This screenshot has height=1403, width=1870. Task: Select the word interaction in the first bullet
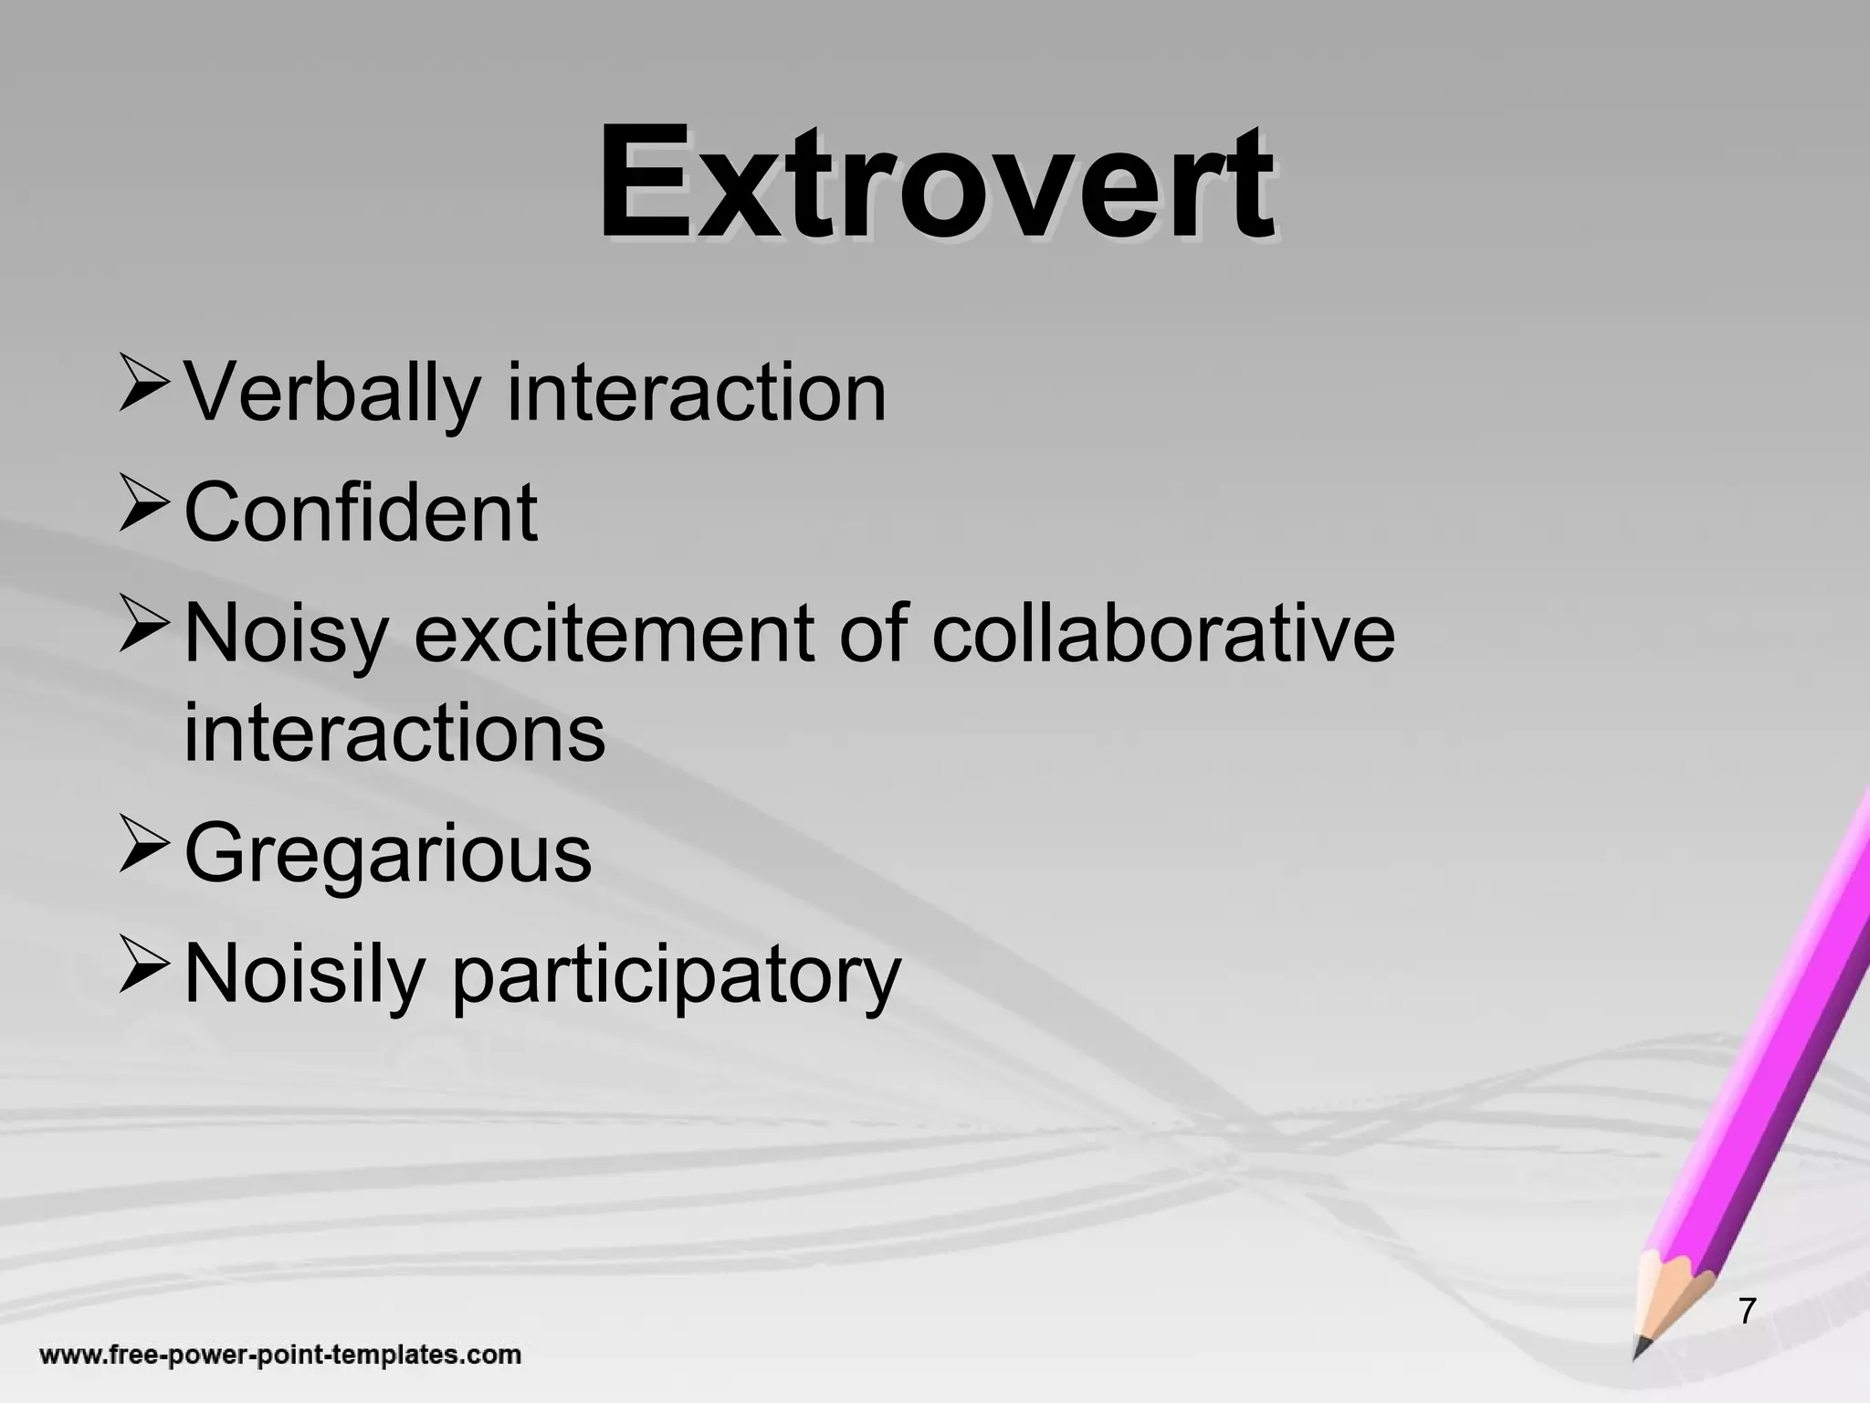(x=696, y=393)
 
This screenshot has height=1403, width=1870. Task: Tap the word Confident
(x=361, y=512)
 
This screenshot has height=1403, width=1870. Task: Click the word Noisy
(x=287, y=635)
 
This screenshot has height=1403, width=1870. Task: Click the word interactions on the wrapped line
(x=394, y=733)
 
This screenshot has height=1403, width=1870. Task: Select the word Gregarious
(x=388, y=854)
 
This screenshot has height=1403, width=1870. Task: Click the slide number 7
(x=1747, y=1311)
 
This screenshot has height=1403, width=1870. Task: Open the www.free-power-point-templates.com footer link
(x=280, y=1355)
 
